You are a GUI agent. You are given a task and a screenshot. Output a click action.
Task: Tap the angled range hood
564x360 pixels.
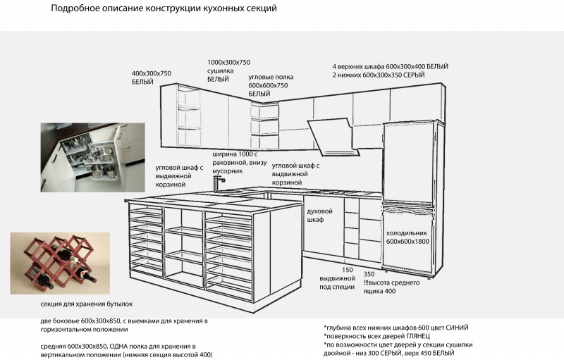tap(333, 137)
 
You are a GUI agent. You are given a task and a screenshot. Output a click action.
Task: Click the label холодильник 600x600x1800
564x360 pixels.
tap(407, 237)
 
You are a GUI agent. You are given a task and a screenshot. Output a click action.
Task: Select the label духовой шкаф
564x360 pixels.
tap(319, 215)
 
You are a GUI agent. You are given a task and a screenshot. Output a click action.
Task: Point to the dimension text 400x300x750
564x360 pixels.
tap(152, 73)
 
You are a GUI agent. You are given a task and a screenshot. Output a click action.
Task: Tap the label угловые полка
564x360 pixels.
tap(271, 77)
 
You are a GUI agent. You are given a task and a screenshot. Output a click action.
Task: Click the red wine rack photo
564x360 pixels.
tap(60, 263)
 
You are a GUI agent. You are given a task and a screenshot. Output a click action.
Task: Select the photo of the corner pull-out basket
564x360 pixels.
tap(93, 157)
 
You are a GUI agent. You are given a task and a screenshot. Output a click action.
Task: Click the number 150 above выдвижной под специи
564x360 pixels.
tap(348, 270)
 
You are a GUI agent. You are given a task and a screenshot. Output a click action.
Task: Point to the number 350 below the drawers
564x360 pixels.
tap(369, 274)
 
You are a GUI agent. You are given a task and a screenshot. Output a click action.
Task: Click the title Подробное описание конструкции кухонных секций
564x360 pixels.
tap(164, 8)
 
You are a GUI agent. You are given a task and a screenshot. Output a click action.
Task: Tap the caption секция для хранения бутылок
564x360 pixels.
tap(86, 304)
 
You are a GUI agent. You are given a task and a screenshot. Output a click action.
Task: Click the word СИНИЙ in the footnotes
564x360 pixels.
tap(457, 328)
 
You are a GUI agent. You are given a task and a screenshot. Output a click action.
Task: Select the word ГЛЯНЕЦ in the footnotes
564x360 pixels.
tap(418, 336)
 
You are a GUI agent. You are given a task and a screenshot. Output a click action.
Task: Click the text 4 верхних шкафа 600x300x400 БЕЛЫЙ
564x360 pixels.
tap(391, 66)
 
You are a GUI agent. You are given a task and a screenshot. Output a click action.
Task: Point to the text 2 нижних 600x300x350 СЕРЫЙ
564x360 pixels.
tap(379, 75)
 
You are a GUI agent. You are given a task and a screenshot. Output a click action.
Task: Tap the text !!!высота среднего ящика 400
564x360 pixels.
tap(391, 287)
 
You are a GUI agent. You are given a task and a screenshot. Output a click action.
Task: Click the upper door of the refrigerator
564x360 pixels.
tap(408, 163)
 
